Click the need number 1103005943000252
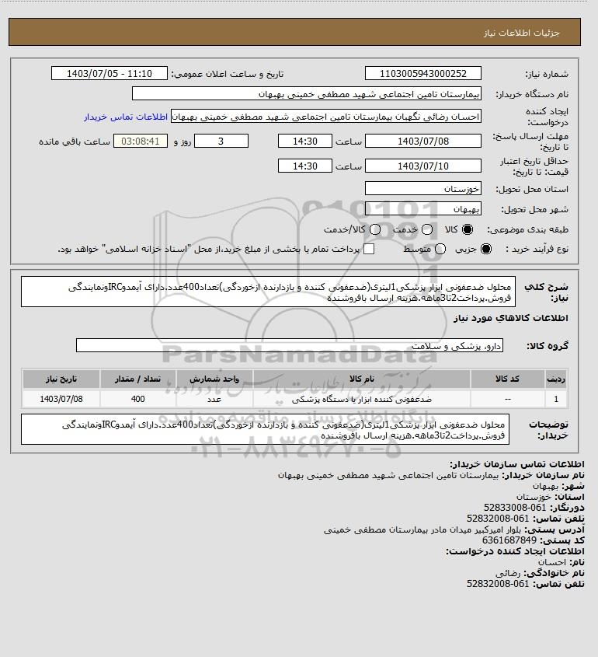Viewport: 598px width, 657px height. tap(422, 74)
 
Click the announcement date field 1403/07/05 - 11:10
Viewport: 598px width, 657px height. tap(109, 74)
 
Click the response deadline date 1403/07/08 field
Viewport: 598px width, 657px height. tap(422, 142)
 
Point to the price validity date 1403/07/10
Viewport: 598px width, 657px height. tap(422, 166)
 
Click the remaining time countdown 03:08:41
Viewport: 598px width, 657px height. tap(141, 142)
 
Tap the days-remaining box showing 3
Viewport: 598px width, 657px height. tap(221, 142)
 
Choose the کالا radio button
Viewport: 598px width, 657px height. tap(468, 230)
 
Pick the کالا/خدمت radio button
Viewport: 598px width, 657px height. tap(375, 230)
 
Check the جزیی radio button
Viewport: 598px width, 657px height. tap(487, 249)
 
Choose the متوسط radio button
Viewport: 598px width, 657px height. tap(440, 249)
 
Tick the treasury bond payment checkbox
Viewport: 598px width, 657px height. tap(369, 249)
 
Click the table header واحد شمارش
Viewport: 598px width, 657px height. tap(215, 379)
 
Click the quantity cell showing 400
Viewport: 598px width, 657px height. tap(138, 399)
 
